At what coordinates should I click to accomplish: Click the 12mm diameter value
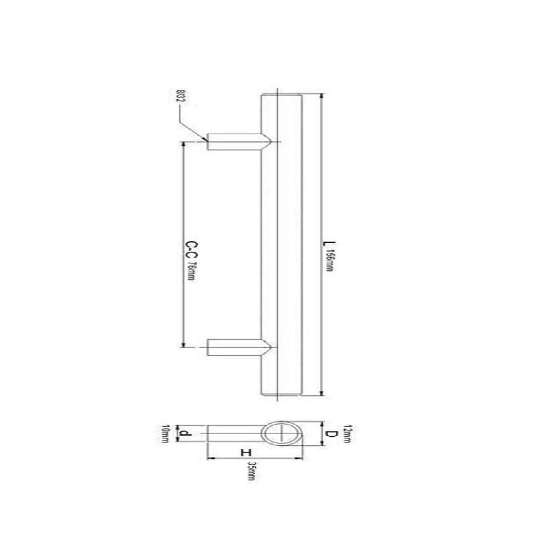point(347,434)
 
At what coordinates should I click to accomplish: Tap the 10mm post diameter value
point(164,434)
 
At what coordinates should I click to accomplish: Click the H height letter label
point(246,452)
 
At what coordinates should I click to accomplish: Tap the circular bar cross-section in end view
point(281,434)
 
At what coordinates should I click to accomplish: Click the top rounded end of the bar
point(281,95)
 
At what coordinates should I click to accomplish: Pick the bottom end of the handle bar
point(281,394)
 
